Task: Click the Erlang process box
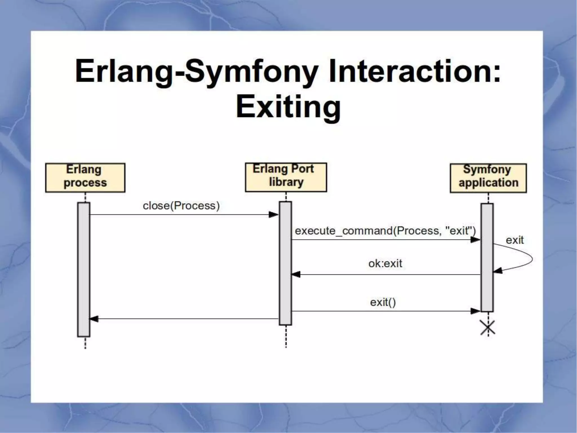click(x=85, y=178)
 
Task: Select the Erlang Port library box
click(x=286, y=177)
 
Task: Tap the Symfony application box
click(x=488, y=178)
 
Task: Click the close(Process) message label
click(x=181, y=206)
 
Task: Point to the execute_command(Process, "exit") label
click(x=385, y=231)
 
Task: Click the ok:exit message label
click(x=385, y=264)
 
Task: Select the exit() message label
click(x=383, y=302)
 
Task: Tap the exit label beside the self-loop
click(x=514, y=240)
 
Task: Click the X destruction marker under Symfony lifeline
click(x=488, y=328)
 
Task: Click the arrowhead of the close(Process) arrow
click(x=274, y=215)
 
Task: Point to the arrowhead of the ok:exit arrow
click(x=296, y=274)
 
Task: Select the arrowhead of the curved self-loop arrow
click(x=498, y=271)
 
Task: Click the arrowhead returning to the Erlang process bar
click(x=94, y=319)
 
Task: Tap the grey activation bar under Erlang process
click(x=84, y=269)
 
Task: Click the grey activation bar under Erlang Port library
click(x=285, y=263)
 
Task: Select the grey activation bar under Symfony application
click(x=487, y=257)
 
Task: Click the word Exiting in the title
click(x=288, y=107)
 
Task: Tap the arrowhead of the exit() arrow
click(x=475, y=311)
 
